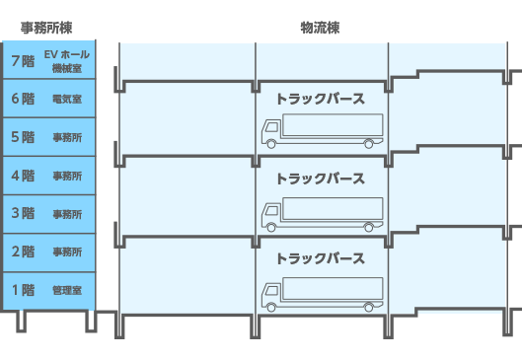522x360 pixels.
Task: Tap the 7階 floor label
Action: click(x=22, y=60)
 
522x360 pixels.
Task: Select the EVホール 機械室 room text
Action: click(x=67, y=61)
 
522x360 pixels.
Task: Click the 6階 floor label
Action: click(x=22, y=99)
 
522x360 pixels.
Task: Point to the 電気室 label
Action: click(x=67, y=100)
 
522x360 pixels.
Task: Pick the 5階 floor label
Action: click(x=22, y=137)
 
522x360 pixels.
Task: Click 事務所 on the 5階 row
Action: click(x=67, y=138)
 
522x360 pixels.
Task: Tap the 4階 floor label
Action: click(x=22, y=176)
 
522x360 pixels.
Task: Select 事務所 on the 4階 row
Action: click(x=67, y=177)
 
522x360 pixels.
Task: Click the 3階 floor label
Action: click(x=22, y=213)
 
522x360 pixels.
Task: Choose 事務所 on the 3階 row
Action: click(x=67, y=214)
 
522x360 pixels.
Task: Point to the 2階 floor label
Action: click(x=22, y=252)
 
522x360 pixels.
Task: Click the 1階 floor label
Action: click(x=22, y=290)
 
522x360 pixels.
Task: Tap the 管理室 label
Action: click(x=67, y=291)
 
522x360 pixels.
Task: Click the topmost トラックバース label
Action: click(x=320, y=99)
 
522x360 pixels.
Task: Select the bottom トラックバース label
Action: click(x=320, y=258)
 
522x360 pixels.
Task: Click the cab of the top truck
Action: click(x=270, y=134)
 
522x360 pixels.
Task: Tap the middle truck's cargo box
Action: click(x=331, y=210)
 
